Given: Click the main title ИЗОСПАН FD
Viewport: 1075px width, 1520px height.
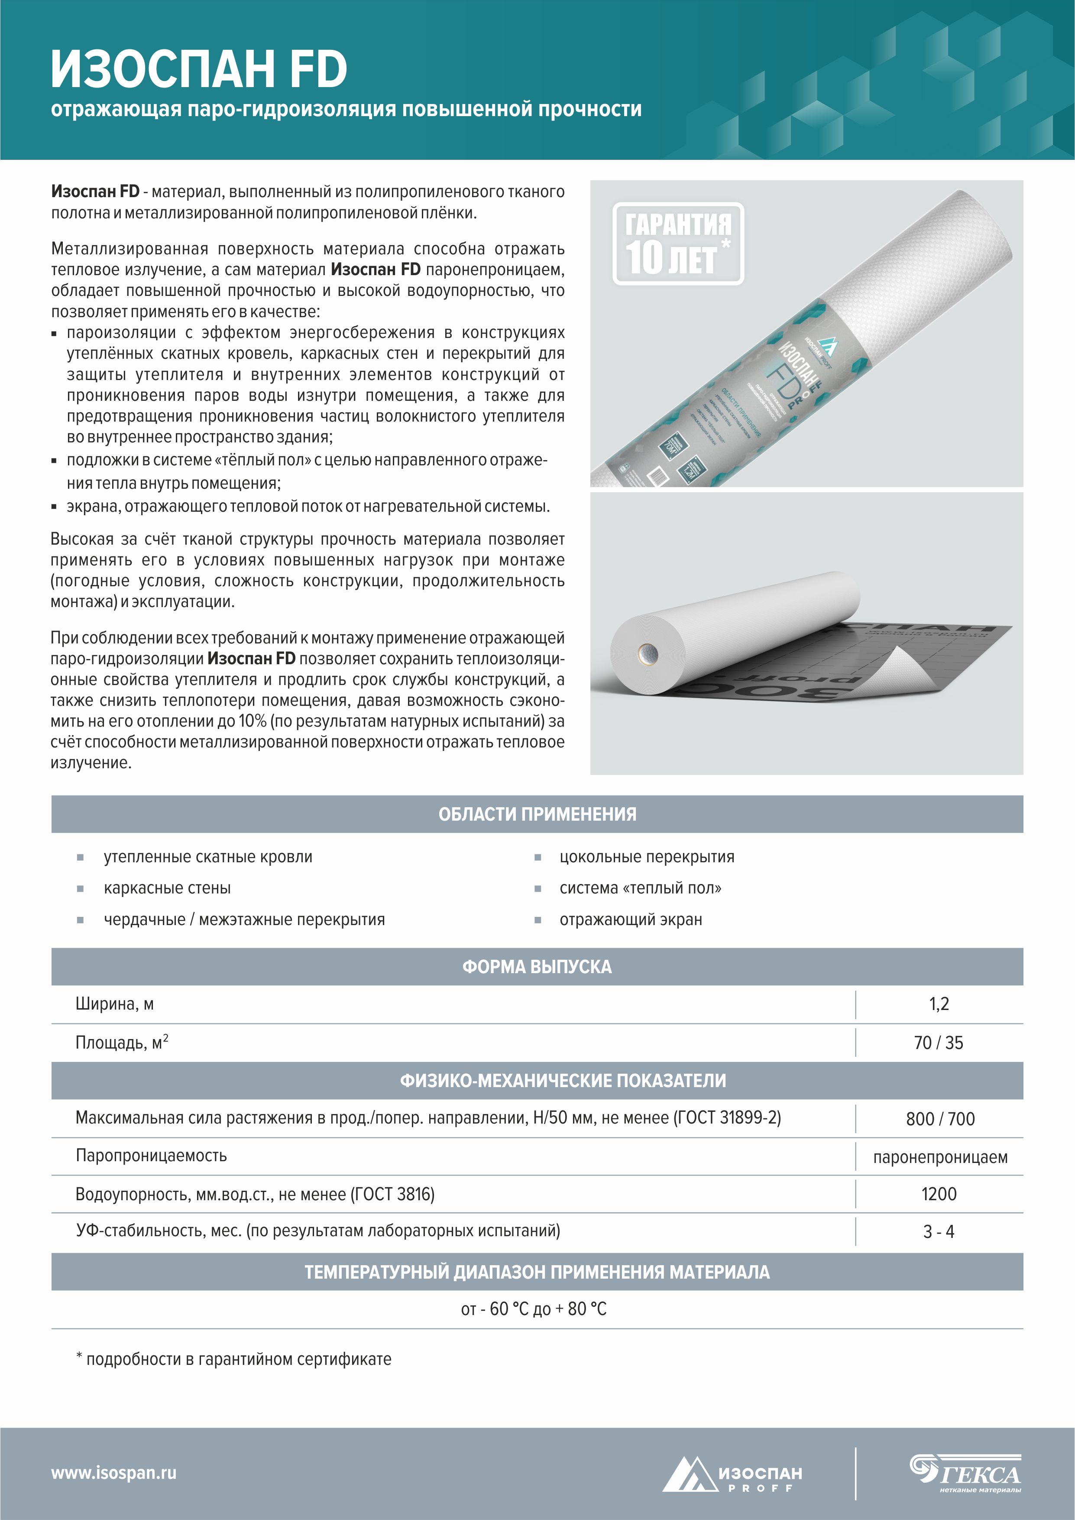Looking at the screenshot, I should (198, 69).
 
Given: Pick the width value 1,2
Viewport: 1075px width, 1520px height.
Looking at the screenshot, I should (939, 1004).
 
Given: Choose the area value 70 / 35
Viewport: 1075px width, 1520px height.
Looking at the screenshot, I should (939, 1043).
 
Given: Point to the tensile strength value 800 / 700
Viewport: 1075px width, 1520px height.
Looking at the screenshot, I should (940, 1119).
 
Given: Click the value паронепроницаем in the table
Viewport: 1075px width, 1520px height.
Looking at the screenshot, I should (940, 1157).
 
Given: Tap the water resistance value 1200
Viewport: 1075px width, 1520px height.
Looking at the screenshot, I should (939, 1194).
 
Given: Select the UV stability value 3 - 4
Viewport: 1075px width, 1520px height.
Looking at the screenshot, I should (939, 1232).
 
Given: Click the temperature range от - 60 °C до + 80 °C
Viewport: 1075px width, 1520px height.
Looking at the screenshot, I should (534, 1309).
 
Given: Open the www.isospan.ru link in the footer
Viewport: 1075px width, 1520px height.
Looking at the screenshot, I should (114, 1473).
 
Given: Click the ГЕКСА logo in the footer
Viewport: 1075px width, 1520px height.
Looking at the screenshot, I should (966, 1473).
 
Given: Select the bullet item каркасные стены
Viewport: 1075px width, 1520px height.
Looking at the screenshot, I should (168, 888).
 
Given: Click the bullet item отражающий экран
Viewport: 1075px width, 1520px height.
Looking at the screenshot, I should (631, 919).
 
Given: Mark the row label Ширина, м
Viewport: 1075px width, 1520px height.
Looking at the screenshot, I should (114, 1004).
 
